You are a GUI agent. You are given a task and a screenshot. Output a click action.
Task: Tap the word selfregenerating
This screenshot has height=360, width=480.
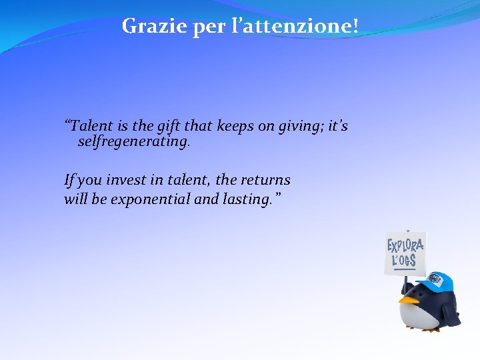[x=134, y=142]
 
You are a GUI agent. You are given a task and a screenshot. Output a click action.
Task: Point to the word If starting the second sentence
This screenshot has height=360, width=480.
[x=69, y=180]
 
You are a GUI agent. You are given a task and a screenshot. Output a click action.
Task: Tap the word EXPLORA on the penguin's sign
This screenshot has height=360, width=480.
[x=405, y=245]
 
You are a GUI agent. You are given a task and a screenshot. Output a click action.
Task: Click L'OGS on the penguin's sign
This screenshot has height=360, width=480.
[x=404, y=260]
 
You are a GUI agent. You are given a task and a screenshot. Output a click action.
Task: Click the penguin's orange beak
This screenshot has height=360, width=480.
[x=409, y=300]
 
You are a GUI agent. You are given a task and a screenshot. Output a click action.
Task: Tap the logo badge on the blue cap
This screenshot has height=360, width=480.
[x=434, y=278]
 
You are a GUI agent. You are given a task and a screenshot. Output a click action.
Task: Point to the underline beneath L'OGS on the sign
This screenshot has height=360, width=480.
[x=404, y=268]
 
